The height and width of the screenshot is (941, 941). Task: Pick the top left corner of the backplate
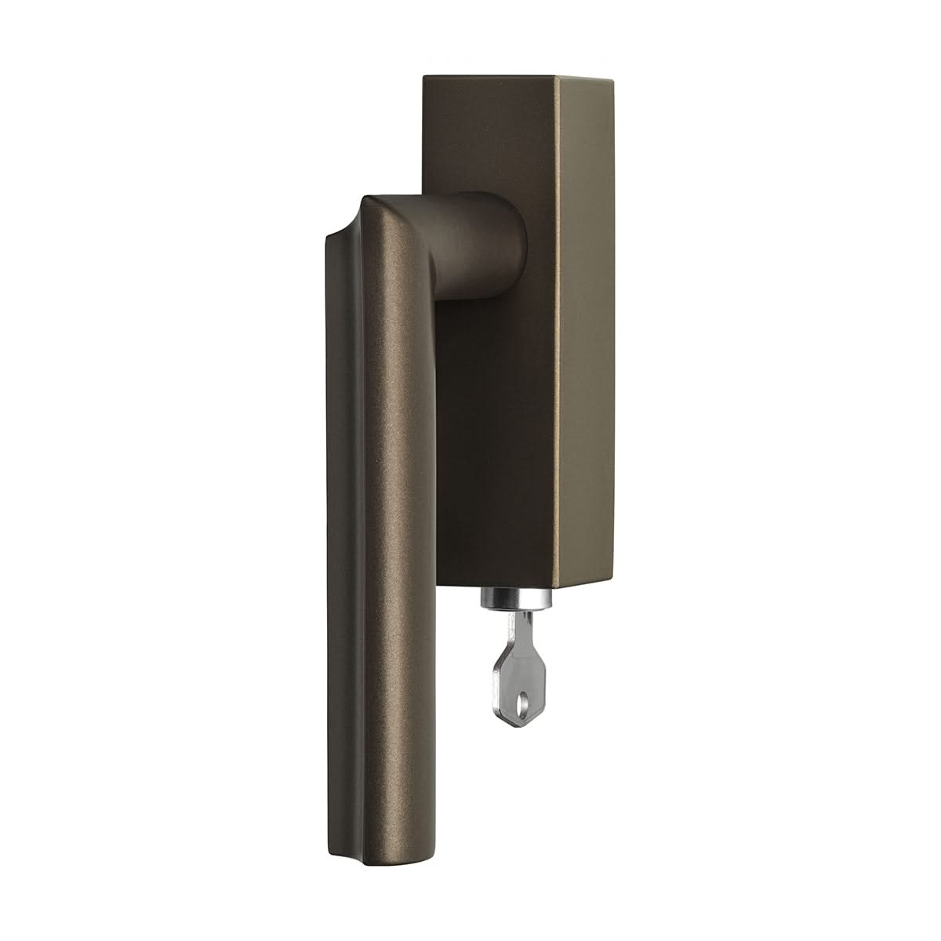pos(424,76)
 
